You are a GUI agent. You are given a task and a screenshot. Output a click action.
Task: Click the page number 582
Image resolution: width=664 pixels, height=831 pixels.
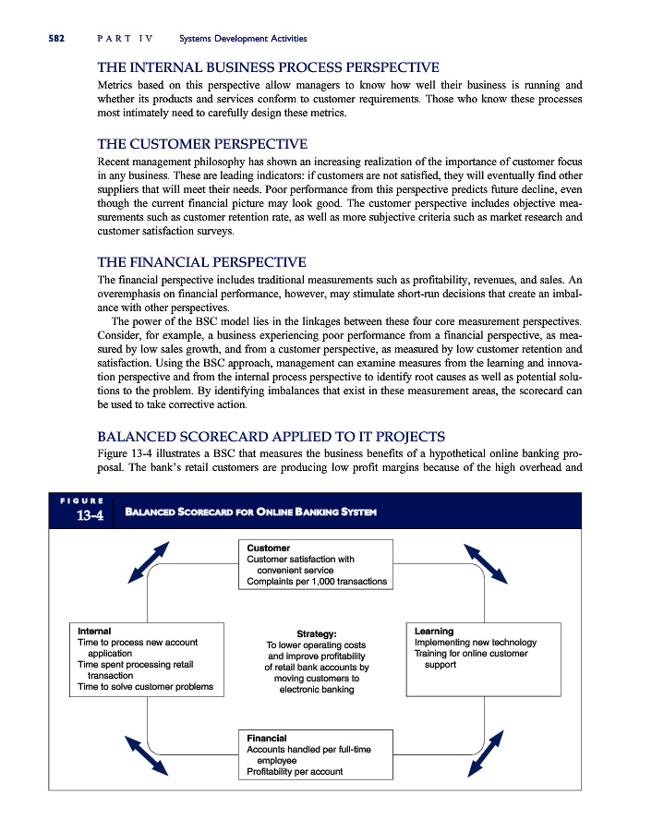pos(47,38)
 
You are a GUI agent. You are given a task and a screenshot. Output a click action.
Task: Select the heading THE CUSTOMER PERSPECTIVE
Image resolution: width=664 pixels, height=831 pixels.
pos(202,144)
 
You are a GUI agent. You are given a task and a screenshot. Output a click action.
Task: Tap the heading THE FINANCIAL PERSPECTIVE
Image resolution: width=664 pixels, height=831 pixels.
pos(201,262)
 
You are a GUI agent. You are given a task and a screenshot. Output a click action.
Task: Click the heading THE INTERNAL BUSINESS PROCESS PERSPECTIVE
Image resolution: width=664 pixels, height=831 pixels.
pos(268,66)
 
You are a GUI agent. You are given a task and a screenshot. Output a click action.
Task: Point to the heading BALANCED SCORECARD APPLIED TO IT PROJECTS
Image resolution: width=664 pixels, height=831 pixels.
pos(272,436)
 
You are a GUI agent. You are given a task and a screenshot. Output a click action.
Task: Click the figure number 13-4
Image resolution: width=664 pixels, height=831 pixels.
pos(89,515)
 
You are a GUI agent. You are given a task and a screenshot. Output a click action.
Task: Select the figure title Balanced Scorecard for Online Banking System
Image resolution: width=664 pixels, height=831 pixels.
pos(250,512)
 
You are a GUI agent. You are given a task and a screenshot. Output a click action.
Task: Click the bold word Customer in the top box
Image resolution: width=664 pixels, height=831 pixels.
pos(268,548)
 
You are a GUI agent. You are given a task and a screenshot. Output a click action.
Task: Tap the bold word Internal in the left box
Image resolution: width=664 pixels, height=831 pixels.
pos(94,632)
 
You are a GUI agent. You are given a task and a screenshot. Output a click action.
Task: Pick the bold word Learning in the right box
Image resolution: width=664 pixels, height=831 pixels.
pos(434,632)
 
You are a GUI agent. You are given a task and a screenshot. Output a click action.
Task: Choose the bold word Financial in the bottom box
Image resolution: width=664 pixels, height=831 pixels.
pos(267,739)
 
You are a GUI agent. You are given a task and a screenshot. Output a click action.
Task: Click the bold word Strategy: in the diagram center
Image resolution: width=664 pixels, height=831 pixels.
pos(316,633)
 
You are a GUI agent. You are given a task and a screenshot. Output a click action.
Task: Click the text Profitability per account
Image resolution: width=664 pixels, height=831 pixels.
pos(295,772)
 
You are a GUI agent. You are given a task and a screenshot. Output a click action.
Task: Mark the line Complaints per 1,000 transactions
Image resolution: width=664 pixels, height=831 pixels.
pos(317,582)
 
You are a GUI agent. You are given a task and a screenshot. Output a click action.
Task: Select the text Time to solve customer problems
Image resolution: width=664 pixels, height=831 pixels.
pos(146,686)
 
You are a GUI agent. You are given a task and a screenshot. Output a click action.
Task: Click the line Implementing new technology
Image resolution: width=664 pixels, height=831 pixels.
pos(476,643)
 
